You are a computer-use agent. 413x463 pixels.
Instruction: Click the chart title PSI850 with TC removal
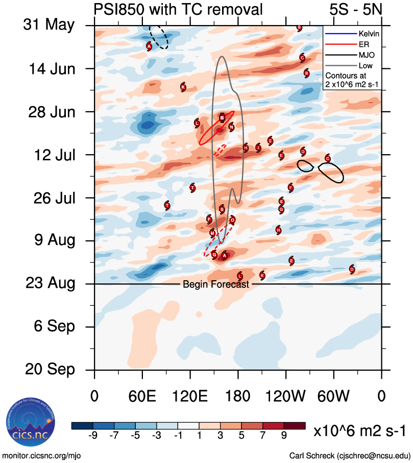[178, 9]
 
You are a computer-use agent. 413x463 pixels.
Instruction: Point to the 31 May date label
[48, 25]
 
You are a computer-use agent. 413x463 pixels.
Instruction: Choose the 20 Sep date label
[49, 369]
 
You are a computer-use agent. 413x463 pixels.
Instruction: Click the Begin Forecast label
[216, 284]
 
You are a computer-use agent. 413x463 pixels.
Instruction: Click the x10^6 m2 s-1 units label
[360, 431]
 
